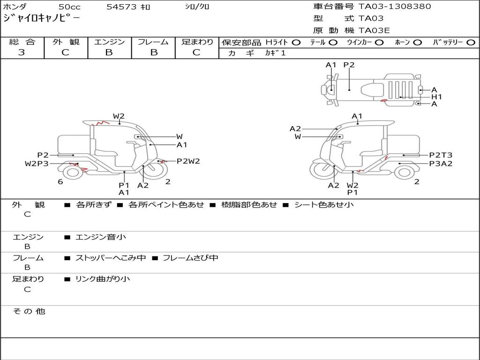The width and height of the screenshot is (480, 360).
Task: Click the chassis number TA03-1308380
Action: tap(395, 7)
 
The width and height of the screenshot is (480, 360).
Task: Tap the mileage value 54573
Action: tap(121, 7)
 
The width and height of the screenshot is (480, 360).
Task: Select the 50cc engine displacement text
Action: tap(69, 7)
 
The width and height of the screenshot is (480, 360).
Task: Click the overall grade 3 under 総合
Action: tap(22, 52)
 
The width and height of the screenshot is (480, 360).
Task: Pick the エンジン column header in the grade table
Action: tap(109, 42)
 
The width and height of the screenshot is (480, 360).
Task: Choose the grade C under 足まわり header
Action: tap(196, 52)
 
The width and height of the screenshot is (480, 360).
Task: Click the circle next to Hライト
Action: tap(296, 43)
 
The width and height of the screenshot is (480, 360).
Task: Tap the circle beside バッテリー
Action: tap(471, 43)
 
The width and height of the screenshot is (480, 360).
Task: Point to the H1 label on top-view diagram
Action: tap(436, 97)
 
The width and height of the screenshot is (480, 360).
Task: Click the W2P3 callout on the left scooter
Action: tap(37, 164)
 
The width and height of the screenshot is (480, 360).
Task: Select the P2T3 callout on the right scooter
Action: tap(441, 155)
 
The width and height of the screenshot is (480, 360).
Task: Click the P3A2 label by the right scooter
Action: tap(441, 164)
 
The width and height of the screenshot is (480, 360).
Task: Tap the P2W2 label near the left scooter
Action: tap(188, 161)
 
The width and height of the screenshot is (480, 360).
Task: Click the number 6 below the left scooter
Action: tap(60, 182)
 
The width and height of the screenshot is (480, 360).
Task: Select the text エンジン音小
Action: tap(101, 237)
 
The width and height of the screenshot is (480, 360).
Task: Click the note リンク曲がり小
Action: tap(103, 279)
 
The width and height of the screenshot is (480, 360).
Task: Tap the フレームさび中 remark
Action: tap(190, 258)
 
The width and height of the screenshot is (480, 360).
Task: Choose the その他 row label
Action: tap(29, 311)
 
